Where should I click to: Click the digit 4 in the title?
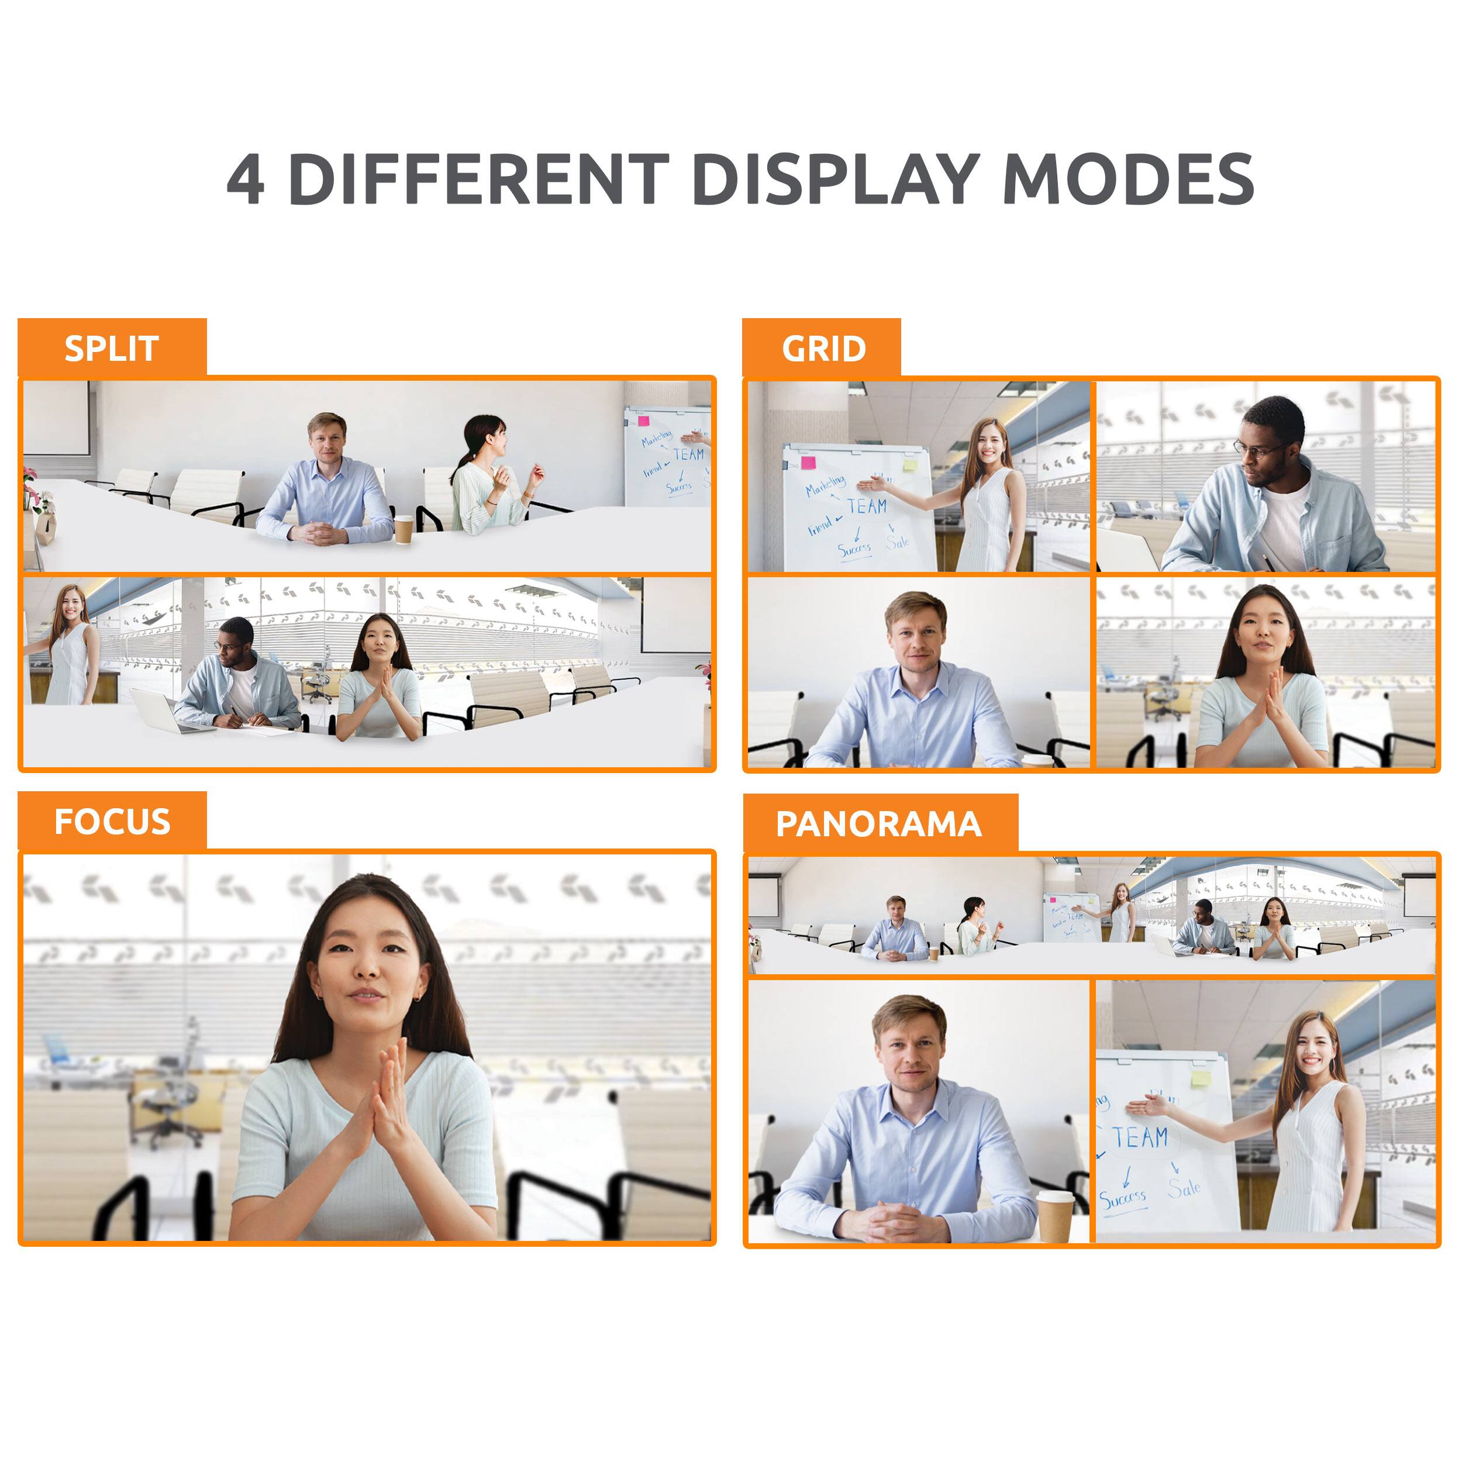click(x=246, y=180)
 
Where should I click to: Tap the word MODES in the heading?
click(x=1127, y=180)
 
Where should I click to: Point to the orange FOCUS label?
click(x=112, y=822)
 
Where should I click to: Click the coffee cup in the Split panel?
click(x=404, y=529)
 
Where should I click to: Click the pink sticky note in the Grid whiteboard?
click(x=808, y=463)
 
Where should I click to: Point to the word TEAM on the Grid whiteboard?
click(x=867, y=505)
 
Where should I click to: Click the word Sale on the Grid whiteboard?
click(x=898, y=542)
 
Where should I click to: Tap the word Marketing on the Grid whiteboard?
click(x=825, y=485)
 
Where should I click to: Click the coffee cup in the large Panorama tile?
click(x=1055, y=1215)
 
